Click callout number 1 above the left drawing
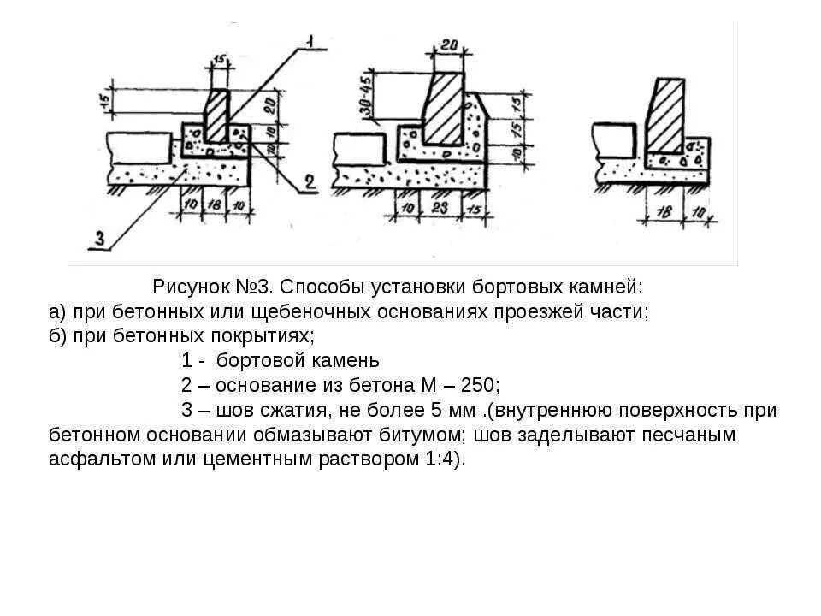310,40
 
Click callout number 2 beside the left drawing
310,182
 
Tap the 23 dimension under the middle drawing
439,209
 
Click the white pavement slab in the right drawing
614,138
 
